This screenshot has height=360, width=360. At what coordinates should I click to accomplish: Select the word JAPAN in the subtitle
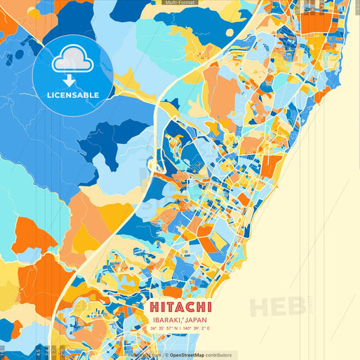pyautogui.click(x=196, y=319)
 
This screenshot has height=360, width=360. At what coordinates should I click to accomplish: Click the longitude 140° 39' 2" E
pyautogui.click(x=195, y=328)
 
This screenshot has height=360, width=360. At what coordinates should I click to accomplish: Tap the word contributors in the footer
pyautogui.click(x=219, y=355)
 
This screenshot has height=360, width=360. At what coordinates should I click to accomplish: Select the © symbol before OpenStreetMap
pyautogui.click(x=167, y=355)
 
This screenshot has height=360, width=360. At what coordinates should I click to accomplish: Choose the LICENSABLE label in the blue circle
pyautogui.click(x=73, y=95)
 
